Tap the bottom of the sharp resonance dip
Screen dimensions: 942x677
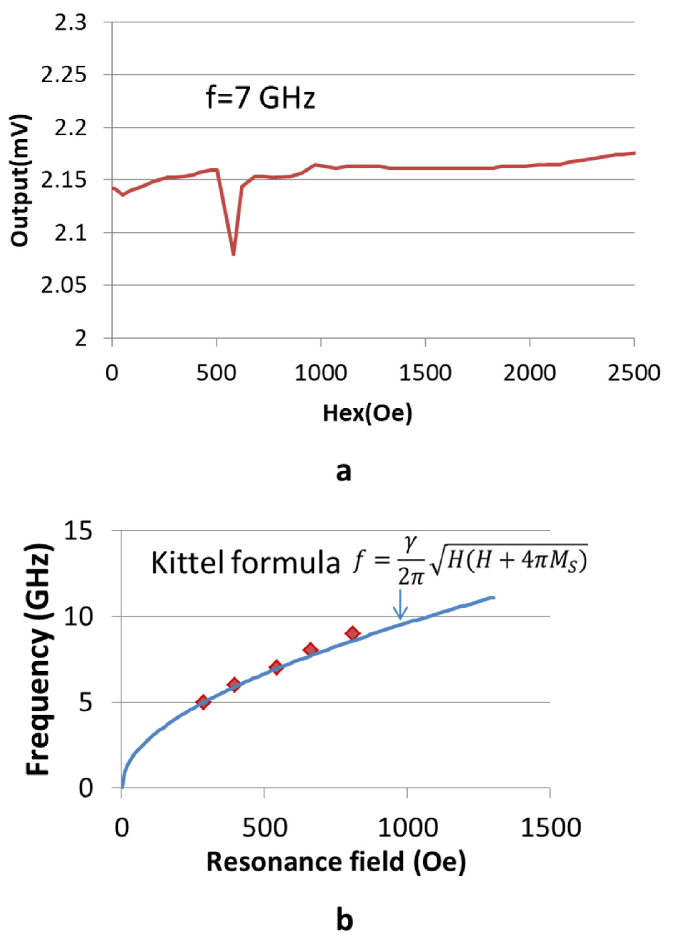[x=234, y=254]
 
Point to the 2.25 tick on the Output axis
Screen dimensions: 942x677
[x=66, y=75]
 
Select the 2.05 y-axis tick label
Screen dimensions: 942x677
[x=66, y=286]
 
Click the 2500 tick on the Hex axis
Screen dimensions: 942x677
[x=633, y=373]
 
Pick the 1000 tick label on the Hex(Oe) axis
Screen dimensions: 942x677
[x=320, y=373]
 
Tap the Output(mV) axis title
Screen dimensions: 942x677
[x=20, y=181]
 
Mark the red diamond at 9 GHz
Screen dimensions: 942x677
[x=353, y=633]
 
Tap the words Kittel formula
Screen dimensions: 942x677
[x=245, y=564]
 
